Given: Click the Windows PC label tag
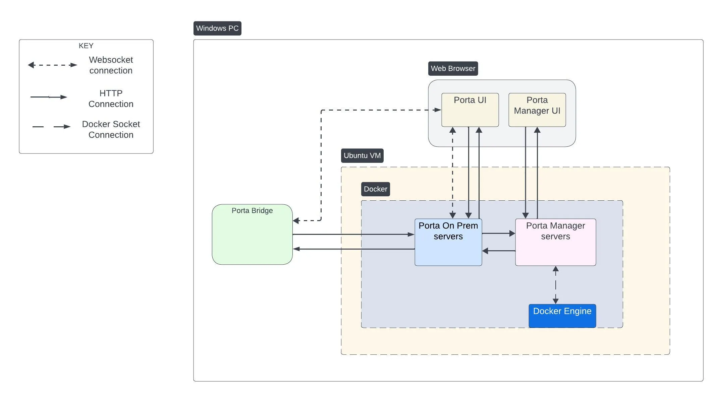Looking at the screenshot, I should [x=217, y=28].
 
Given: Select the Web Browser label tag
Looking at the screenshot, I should [x=453, y=69].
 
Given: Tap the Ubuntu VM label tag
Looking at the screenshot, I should [x=362, y=156].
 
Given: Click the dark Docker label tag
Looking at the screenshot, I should [x=375, y=189].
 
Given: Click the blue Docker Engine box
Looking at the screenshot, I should [x=562, y=316].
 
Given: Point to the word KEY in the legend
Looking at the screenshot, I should [x=86, y=46].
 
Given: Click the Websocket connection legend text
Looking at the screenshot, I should [x=111, y=65].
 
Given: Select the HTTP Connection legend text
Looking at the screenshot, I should [x=111, y=98].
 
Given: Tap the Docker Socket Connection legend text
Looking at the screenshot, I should [x=111, y=129].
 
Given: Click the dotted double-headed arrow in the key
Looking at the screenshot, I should [x=52, y=65].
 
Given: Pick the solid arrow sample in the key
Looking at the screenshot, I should [x=49, y=97].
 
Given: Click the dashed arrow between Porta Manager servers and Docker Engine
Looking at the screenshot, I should [x=555, y=285].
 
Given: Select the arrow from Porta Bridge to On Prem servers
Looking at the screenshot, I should [x=352, y=235].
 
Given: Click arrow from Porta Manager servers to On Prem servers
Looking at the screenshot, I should [x=499, y=251].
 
